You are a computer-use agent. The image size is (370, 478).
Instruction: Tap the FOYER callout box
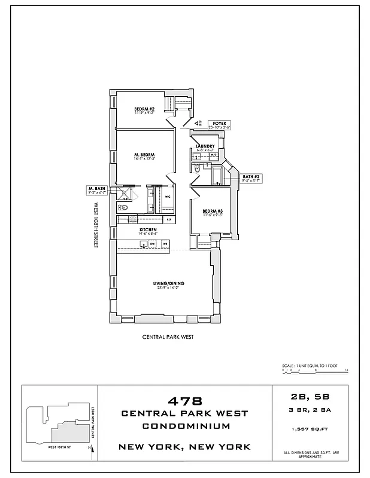click(x=219, y=125)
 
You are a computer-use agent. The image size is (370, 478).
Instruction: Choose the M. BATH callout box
click(x=96, y=191)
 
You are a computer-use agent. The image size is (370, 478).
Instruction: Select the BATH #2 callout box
click(x=251, y=178)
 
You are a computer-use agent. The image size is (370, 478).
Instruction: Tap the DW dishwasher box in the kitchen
click(x=153, y=244)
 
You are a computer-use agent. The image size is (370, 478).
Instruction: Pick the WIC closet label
click(x=167, y=197)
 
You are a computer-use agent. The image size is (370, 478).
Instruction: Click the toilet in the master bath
click(x=122, y=207)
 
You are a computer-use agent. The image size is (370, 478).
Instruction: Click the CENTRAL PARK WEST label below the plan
click(x=167, y=337)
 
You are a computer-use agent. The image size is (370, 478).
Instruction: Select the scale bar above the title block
click(x=314, y=371)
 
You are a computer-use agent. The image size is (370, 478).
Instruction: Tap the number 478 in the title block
click(x=184, y=400)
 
